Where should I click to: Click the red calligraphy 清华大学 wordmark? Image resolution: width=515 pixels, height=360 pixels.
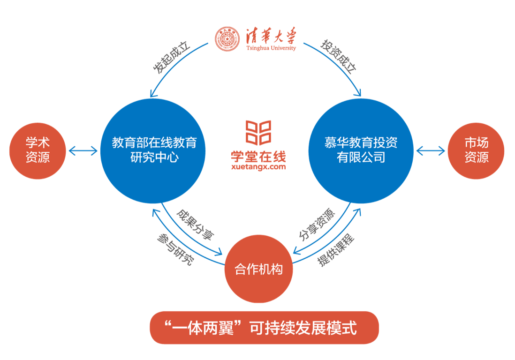pos(271,36)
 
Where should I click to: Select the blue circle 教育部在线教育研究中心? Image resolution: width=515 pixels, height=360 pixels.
pos(154,150)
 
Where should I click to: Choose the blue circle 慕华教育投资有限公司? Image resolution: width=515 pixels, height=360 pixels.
pos(361,150)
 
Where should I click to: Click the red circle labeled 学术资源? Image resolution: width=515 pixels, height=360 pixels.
pos(38,150)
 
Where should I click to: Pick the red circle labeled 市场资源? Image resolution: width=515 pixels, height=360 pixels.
pos(476,150)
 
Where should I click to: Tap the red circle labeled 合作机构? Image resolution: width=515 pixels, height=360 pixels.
pos(258,270)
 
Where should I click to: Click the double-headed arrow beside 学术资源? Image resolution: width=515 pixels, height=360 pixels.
pos(83,151)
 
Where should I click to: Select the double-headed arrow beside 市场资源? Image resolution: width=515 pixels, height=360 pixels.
pos(430,151)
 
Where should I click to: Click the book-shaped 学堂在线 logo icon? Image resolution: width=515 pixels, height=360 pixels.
pos(258,133)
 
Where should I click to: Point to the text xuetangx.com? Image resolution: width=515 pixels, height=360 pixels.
pos(258,166)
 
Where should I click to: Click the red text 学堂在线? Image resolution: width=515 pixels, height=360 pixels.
pos(258,156)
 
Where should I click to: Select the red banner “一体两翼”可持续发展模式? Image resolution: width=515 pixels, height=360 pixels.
pos(264,328)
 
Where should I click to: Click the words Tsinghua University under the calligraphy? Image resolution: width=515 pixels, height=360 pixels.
pos(271,48)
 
